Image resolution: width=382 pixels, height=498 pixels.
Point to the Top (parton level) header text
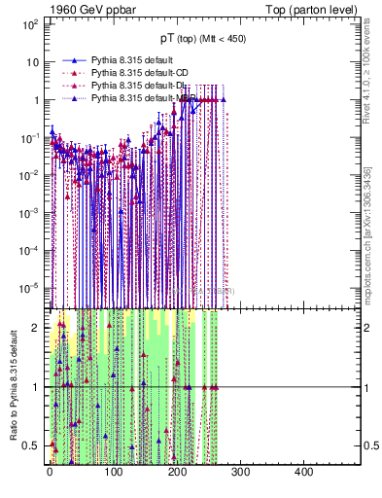315,9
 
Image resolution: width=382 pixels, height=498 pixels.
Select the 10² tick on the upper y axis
31,24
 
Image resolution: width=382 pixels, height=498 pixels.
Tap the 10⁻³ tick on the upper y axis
31,212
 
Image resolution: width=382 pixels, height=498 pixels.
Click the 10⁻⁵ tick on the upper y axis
31,287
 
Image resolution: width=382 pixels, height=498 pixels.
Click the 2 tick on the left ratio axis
39,328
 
